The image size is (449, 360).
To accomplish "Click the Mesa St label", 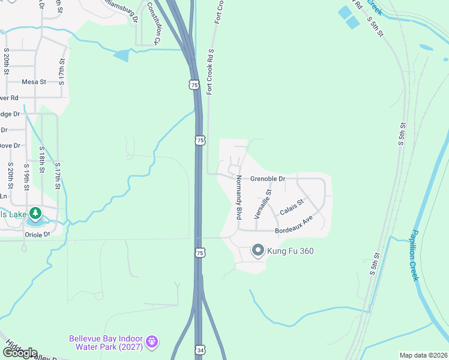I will pos(34,82).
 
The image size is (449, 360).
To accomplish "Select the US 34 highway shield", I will pos(200,350).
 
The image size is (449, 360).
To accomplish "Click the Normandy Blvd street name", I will pos(239,197).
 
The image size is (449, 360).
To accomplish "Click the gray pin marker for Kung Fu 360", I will pos(258,250).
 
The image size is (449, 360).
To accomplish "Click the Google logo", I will pos(19,353).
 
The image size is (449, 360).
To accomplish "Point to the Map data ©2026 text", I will pos(423,355).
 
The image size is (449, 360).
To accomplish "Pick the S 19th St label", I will pos(26,177).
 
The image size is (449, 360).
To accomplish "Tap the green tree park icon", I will pos(35,213).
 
